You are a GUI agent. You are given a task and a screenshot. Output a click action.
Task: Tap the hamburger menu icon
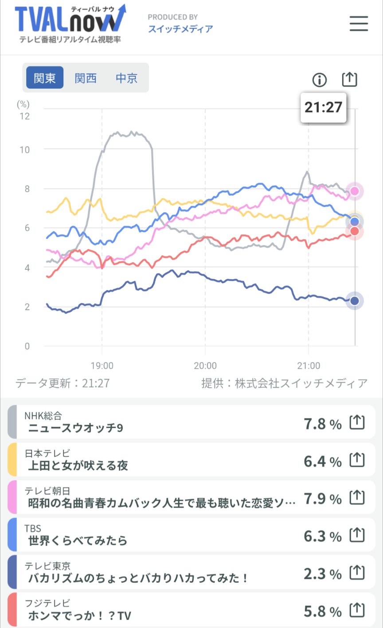click(x=359, y=23)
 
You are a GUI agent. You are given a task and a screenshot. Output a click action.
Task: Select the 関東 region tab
click(x=45, y=78)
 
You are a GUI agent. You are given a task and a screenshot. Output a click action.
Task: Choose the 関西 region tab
click(x=86, y=78)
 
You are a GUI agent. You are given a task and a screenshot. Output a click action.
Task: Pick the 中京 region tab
click(x=126, y=78)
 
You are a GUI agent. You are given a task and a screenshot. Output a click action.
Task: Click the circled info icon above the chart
click(x=319, y=80)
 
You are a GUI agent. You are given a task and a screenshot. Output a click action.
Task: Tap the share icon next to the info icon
click(x=349, y=79)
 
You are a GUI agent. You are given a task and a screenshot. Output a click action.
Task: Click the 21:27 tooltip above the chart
click(x=323, y=107)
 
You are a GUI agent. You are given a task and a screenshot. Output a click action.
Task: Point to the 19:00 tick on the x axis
click(x=102, y=366)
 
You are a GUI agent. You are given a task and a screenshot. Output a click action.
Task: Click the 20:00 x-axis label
click(x=205, y=366)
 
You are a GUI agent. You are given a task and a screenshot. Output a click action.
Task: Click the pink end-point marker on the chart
click(x=355, y=191)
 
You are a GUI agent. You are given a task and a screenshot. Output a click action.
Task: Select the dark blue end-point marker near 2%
click(x=355, y=301)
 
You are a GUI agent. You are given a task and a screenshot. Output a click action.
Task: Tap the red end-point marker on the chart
click(x=355, y=231)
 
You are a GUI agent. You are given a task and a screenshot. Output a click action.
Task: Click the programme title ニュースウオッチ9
click(x=75, y=428)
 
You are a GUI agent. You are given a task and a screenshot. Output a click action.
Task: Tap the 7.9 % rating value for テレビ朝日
click(x=322, y=499)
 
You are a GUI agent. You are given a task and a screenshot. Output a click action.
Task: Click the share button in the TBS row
click(x=357, y=535)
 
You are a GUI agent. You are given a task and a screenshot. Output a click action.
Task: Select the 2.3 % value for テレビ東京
click(x=322, y=574)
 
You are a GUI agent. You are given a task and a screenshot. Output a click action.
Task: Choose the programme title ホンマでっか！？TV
click(x=79, y=616)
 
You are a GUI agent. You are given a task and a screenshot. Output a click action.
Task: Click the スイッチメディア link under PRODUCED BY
click(x=180, y=29)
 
